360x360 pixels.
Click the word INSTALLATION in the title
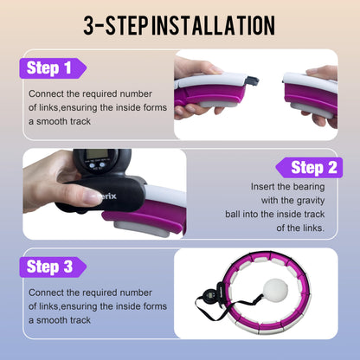(x=213, y=25)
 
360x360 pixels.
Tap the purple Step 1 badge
(x=53, y=68)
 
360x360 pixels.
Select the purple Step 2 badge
(x=309, y=168)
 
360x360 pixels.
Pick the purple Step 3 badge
(x=53, y=267)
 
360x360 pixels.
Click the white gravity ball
(x=276, y=289)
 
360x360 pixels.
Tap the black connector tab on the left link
(x=252, y=80)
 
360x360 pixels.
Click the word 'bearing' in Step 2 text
(x=308, y=187)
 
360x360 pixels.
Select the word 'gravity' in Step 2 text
(x=311, y=201)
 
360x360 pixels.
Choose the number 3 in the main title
(x=89, y=25)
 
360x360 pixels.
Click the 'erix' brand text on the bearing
(x=109, y=196)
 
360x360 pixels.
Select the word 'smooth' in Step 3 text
(x=49, y=320)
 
